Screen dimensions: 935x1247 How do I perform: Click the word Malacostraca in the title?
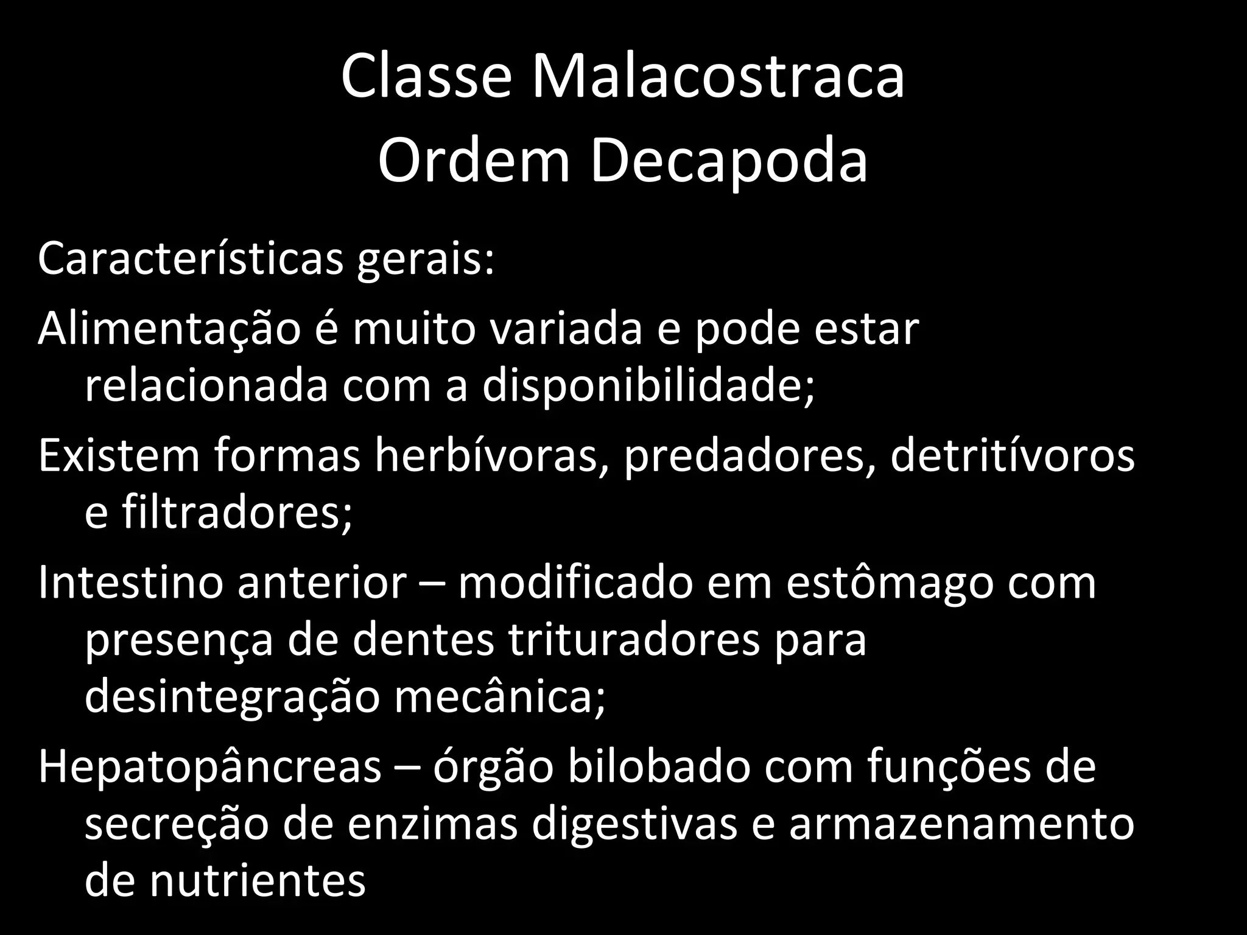coord(718,77)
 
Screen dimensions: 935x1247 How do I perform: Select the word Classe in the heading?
coord(426,77)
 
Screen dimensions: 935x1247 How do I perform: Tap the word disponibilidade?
coord(648,386)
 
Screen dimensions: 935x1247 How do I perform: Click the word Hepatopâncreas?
coord(209,766)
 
